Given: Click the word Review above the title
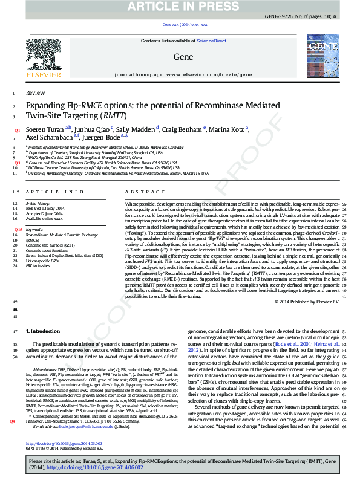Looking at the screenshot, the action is [x=35, y=93].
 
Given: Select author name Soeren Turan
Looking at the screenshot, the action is [x=46, y=129].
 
